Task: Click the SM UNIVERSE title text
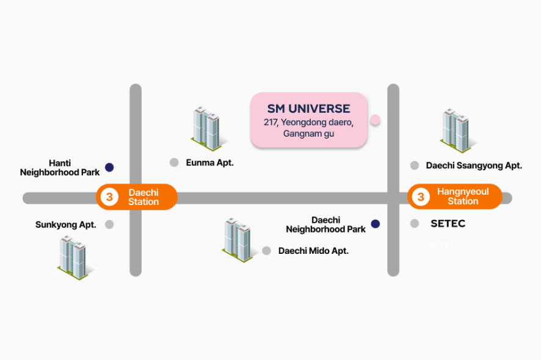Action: tap(308, 109)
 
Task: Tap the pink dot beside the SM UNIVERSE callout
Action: tap(375, 120)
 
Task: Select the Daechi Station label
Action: tap(143, 197)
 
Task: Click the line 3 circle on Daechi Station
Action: tap(109, 197)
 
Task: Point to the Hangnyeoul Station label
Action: tap(463, 196)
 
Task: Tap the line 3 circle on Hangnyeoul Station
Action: tap(421, 197)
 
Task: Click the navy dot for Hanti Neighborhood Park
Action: tap(109, 167)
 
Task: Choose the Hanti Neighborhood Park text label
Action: tap(60, 168)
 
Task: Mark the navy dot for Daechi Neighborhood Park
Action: tap(376, 224)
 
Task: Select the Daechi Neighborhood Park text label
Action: tap(326, 225)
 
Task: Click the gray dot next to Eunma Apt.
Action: tap(174, 162)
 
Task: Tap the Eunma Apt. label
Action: tap(210, 163)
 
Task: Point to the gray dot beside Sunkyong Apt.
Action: tap(109, 225)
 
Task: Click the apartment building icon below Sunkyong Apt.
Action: tap(73, 257)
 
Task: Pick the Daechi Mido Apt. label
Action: tap(313, 251)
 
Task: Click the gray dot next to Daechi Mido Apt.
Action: tap(266, 250)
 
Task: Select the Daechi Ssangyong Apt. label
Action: tap(474, 165)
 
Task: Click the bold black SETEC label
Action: tap(448, 224)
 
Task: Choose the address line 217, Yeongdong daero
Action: tap(308, 123)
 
